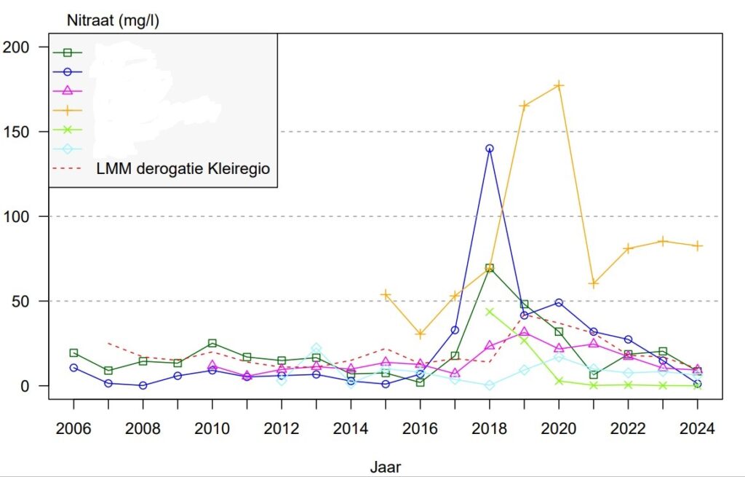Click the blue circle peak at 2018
click(490, 149)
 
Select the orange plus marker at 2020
click(559, 85)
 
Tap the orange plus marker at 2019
click(524, 106)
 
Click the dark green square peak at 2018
click(490, 268)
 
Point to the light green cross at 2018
click(490, 312)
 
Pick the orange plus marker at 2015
click(386, 294)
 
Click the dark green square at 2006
click(73, 352)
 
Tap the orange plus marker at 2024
click(697, 246)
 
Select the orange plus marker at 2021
click(593, 283)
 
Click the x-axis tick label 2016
click(420, 429)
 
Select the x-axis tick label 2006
click(73, 429)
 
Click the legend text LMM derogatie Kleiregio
click(183, 169)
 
